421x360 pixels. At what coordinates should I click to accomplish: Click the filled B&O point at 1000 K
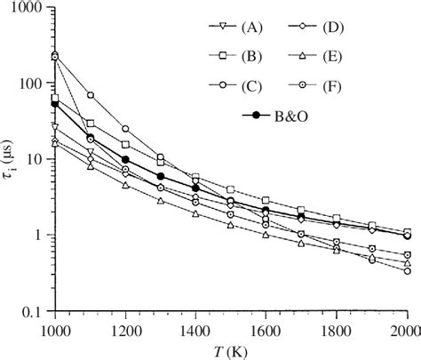(x=55, y=104)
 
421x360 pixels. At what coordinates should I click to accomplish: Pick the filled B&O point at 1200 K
(x=125, y=160)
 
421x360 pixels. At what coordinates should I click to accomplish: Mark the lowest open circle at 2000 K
(x=408, y=271)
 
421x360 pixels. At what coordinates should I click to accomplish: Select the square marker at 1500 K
(x=231, y=189)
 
